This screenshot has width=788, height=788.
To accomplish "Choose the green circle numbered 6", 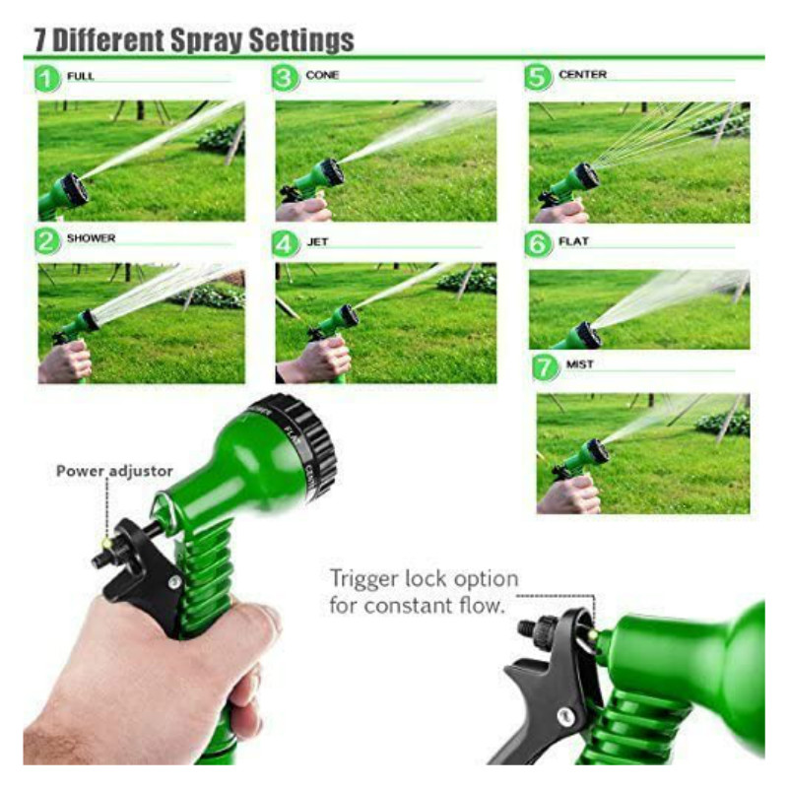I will (x=538, y=242).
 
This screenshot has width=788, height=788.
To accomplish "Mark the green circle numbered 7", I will (x=545, y=367).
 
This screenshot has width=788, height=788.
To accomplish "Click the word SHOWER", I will (x=91, y=238).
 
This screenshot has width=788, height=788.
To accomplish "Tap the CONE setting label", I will (x=322, y=75).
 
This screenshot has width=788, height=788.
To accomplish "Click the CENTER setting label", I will (x=582, y=75).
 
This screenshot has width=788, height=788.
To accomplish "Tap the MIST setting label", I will (x=579, y=364).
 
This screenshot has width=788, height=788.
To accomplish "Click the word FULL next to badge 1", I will (x=80, y=76).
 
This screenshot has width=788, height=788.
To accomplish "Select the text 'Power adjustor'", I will (x=114, y=472).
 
